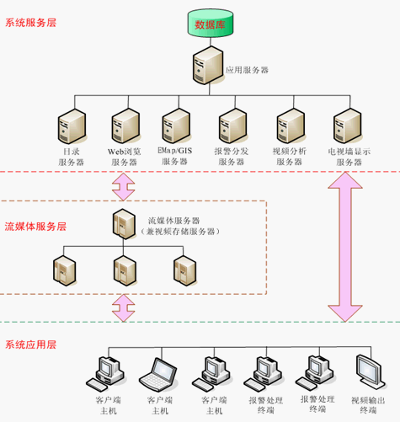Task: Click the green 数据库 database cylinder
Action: [211, 23]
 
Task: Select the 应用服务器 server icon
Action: [208, 66]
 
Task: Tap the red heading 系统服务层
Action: [31, 23]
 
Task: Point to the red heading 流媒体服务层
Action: [35, 227]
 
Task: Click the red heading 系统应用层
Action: [31, 345]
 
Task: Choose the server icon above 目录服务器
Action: [72, 126]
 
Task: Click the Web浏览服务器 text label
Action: [125, 157]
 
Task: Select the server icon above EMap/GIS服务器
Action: [176, 126]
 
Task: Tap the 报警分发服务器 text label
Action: [232, 157]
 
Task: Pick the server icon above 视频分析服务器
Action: [291, 126]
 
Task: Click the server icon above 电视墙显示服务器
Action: [348, 126]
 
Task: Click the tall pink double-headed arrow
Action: [345, 247]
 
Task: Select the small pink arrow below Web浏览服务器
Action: [124, 187]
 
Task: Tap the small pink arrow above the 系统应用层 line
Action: [124, 307]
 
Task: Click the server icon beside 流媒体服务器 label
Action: [124, 224]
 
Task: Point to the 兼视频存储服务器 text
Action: [180, 232]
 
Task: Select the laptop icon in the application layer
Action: [158, 375]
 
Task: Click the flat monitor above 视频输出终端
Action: [371, 372]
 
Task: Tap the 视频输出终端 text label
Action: [368, 405]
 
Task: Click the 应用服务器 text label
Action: [248, 70]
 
